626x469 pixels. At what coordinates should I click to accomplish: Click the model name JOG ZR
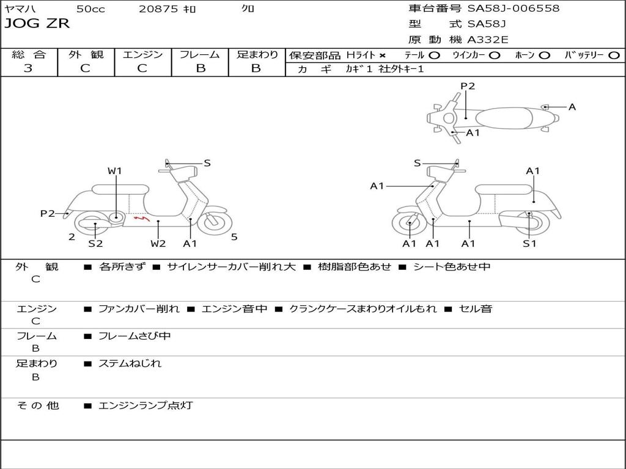(37, 24)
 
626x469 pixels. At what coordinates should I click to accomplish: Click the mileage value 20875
(158, 9)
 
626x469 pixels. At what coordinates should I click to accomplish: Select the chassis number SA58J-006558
(514, 9)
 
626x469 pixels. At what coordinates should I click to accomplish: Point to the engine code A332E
(488, 40)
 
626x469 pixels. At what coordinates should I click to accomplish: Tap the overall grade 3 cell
(28, 68)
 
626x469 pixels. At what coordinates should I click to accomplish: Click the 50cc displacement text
(90, 9)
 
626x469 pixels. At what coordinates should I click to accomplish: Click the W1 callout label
(115, 171)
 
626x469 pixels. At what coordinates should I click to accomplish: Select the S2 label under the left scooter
(95, 244)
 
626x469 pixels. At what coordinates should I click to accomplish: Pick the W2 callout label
(158, 244)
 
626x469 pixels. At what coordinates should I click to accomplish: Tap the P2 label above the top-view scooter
(468, 86)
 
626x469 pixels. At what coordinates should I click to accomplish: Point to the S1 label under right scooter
(529, 244)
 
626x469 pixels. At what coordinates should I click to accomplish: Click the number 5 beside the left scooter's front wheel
(234, 237)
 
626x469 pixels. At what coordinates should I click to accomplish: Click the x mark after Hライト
(382, 55)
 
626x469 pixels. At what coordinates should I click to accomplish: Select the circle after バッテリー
(614, 55)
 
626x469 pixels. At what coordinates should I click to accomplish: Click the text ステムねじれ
(130, 363)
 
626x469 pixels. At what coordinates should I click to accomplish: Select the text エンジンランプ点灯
(145, 405)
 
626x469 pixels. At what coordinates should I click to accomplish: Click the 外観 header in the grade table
(86, 54)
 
